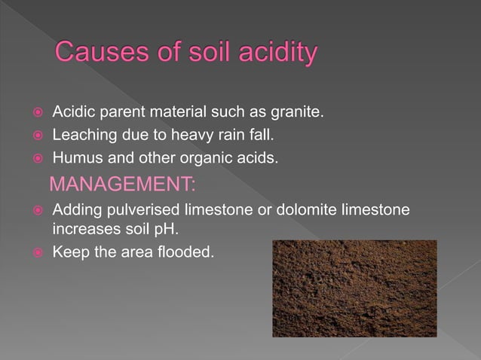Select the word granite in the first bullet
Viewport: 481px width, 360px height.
tap(298, 114)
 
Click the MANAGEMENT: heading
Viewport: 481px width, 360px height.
tap(122, 185)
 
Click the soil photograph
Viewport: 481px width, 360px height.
tap(354, 288)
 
